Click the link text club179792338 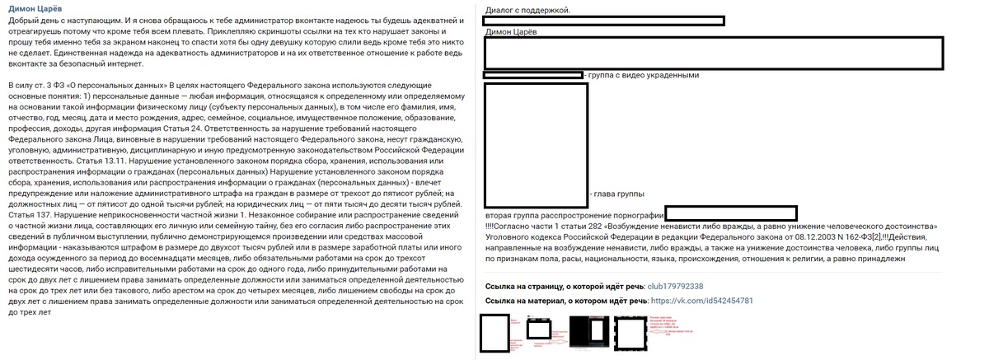(x=676, y=286)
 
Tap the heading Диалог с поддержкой (x=527, y=9)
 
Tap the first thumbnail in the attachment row (x=494, y=333)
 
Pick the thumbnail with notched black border (x=632, y=332)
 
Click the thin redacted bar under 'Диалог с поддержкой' (x=605, y=20)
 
